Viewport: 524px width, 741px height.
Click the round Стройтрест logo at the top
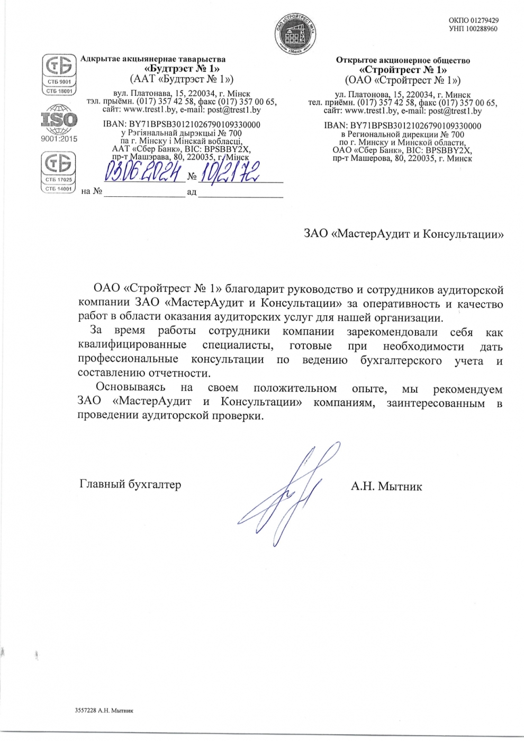tap(295, 33)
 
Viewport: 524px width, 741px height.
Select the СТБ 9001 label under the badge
tap(59, 82)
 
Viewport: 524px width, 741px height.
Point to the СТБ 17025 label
tap(58, 180)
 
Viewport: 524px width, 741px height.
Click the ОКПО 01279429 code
tap(473, 21)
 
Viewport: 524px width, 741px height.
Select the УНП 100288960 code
tap(473, 29)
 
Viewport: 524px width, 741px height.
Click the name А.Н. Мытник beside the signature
tap(386, 486)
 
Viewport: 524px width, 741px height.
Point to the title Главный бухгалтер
tap(130, 484)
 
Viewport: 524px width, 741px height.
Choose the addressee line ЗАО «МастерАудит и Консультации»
tap(403, 234)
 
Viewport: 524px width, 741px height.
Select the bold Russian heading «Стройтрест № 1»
tap(403, 70)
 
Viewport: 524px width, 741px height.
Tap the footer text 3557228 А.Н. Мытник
tap(104, 710)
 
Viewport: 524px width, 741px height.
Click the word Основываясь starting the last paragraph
tap(130, 388)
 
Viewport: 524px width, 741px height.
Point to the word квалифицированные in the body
tap(132, 345)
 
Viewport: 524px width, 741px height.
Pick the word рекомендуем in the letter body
tap(467, 390)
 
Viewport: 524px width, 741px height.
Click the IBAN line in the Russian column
tap(403, 126)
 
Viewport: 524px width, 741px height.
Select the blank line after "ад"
tap(241, 193)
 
